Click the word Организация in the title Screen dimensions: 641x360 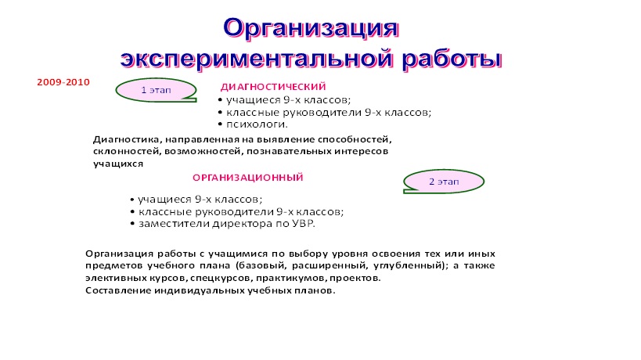click(x=311, y=30)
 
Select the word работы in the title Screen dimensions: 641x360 click(x=452, y=59)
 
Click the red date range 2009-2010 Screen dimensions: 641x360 click(x=63, y=82)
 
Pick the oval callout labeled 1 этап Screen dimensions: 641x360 click(x=156, y=90)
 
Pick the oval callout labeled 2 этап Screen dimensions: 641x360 click(x=444, y=182)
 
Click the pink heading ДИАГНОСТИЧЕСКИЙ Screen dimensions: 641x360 click(x=273, y=87)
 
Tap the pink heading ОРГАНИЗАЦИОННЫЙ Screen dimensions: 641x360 click(x=248, y=178)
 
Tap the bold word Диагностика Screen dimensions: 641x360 click(x=128, y=140)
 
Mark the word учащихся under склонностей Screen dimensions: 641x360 click(x=118, y=164)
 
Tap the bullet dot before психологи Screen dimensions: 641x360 click(x=221, y=124)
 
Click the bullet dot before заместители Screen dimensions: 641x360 click(x=132, y=224)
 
